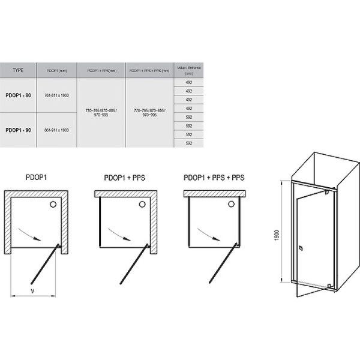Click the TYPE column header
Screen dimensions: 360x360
(x=18, y=70)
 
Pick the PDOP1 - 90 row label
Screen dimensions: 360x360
(x=18, y=130)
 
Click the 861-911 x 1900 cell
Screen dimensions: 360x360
(x=57, y=130)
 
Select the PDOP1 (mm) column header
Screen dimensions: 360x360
(x=57, y=70)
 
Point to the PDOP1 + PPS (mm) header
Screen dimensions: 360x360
(x=101, y=70)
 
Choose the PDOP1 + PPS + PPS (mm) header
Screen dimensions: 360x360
(x=149, y=70)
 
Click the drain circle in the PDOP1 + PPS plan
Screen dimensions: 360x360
(x=142, y=205)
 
